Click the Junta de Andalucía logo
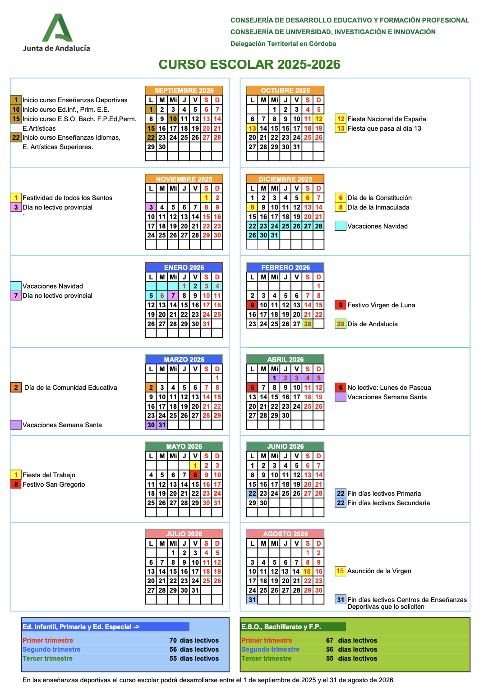point(57,32)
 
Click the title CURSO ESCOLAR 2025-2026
point(249,64)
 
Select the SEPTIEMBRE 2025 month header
point(184,90)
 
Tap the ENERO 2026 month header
point(184,268)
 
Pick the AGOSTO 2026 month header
point(286,534)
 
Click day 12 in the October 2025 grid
point(319,119)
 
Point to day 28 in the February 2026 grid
point(308,324)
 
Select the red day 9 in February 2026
point(252,305)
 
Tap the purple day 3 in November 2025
point(151,207)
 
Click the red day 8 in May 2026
point(195,475)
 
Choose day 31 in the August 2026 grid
point(252,600)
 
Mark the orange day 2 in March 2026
point(151,388)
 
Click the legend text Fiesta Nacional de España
point(387,119)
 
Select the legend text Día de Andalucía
point(373,324)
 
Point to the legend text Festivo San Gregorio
point(54,484)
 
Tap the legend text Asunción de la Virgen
point(379,571)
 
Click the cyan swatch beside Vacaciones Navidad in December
point(341,226)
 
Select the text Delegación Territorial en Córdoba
point(283,44)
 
